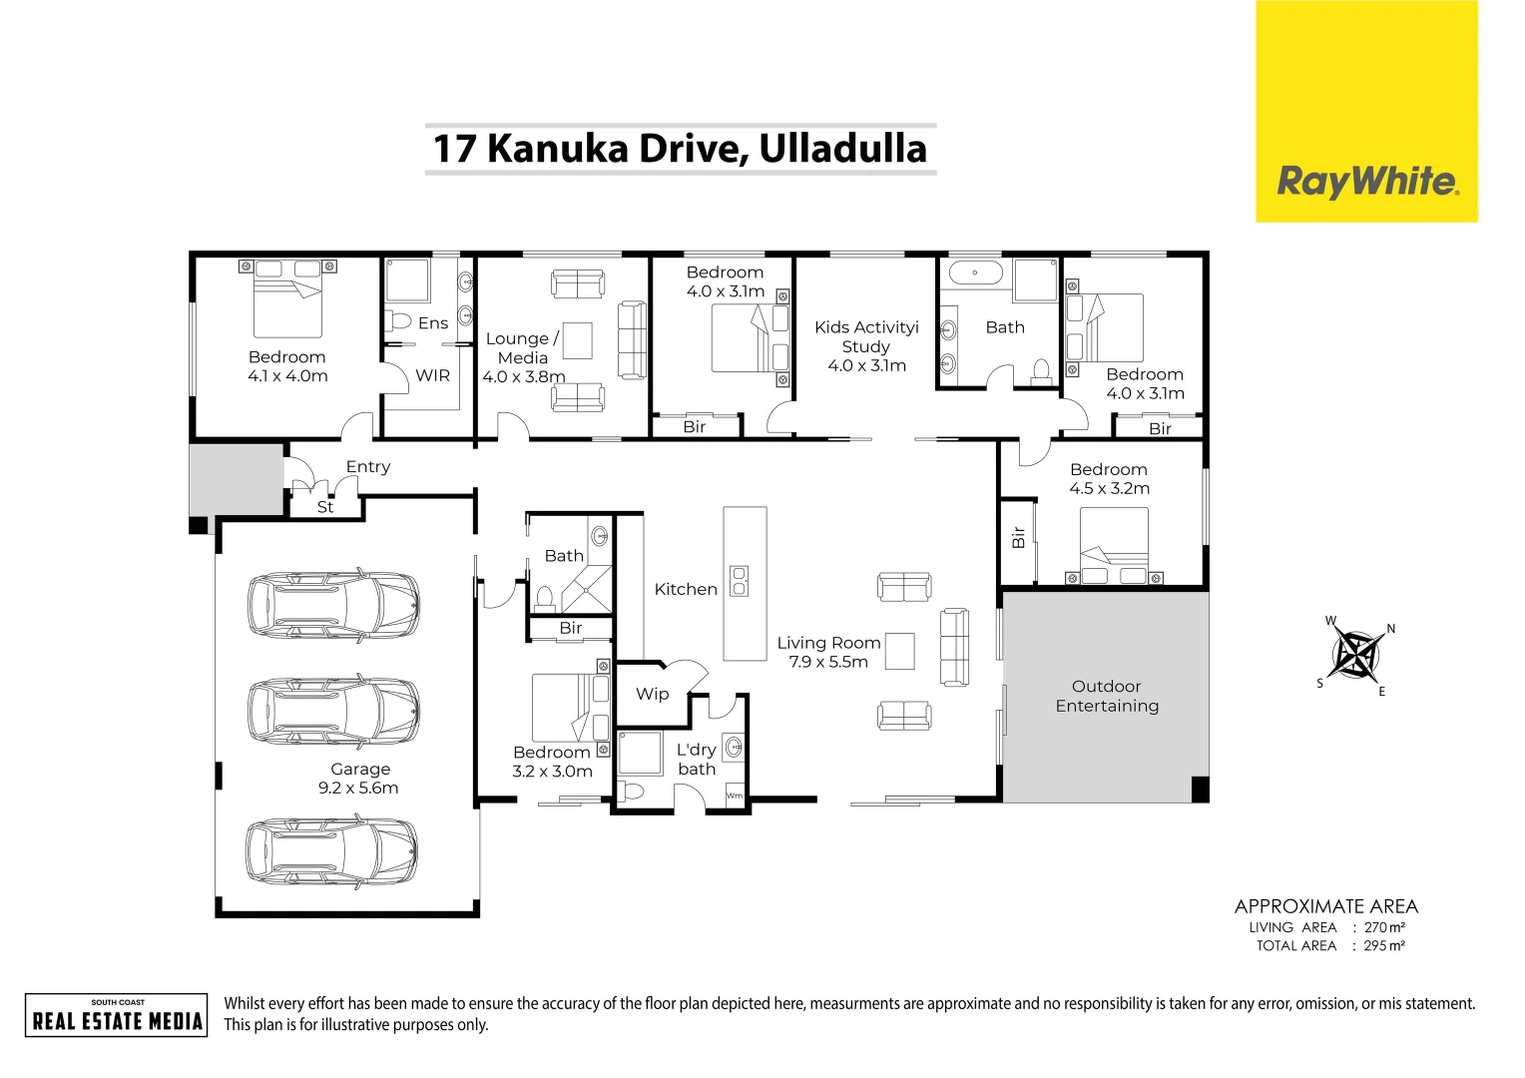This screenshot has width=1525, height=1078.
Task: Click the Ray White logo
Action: (1366, 182)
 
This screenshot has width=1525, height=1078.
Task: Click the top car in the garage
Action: (332, 605)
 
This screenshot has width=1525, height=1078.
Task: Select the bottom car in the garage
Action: (332, 850)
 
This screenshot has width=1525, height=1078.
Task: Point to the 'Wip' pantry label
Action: (652, 694)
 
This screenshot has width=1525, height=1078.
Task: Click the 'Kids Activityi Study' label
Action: (866, 346)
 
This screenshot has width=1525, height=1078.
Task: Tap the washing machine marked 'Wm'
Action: (735, 796)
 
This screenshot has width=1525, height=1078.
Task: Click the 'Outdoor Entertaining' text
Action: (1107, 697)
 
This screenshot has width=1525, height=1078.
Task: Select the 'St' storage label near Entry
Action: (325, 507)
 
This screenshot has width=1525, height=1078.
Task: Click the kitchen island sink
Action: (740, 581)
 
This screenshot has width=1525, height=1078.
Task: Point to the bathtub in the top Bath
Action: (975, 271)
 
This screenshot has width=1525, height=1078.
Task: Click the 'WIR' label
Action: (432, 375)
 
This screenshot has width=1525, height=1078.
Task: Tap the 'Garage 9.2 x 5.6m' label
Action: (359, 779)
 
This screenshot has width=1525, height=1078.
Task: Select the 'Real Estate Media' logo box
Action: (117, 1015)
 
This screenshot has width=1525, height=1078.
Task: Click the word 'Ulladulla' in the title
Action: (842, 149)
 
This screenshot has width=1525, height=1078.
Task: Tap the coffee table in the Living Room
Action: (899, 652)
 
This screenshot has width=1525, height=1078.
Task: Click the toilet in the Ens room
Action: (399, 321)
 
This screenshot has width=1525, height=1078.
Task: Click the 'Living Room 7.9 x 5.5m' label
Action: (828, 652)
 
